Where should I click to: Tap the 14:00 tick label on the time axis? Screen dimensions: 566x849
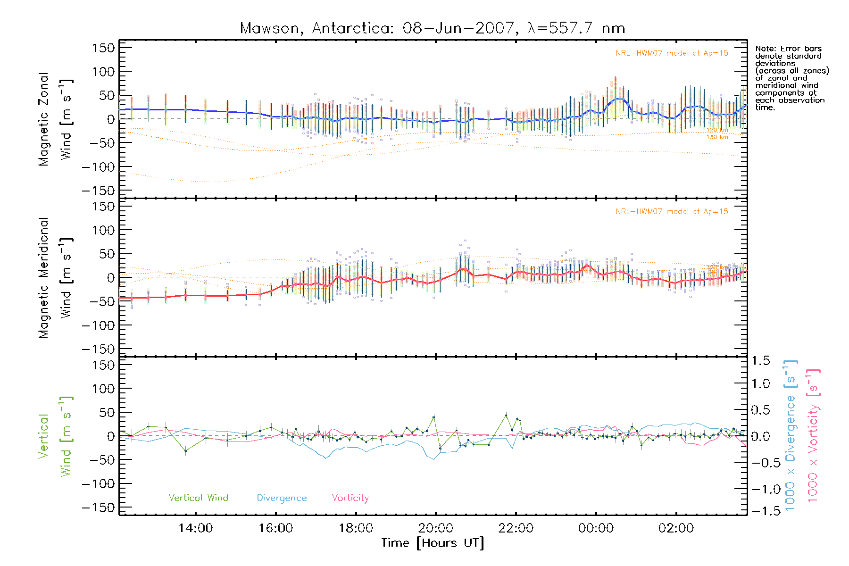coord(195,528)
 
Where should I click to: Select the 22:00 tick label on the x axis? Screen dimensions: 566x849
coord(516,528)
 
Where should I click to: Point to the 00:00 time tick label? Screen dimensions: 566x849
coord(596,528)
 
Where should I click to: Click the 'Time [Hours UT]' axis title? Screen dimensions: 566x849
coord(432,543)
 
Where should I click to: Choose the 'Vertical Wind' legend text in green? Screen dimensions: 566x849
coord(198,498)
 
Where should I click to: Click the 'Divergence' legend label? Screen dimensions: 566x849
coord(282,498)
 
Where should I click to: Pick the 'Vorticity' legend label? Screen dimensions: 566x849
coord(350,498)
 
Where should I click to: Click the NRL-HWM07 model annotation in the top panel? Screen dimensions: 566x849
coord(672,53)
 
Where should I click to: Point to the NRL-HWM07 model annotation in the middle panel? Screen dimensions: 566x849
coord(672,212)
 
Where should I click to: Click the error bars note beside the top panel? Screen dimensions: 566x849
coord(791,78)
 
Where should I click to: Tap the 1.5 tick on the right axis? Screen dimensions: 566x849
coord(760,361)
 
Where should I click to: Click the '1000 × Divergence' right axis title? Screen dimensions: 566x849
coord(790,435)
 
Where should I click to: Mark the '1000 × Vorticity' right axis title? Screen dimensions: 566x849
coord(813,435)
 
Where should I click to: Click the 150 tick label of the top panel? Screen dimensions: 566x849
coord(103,48)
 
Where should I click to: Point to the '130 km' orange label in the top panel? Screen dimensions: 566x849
coord(717,137)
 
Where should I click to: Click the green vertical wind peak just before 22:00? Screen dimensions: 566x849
coord(506,415)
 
